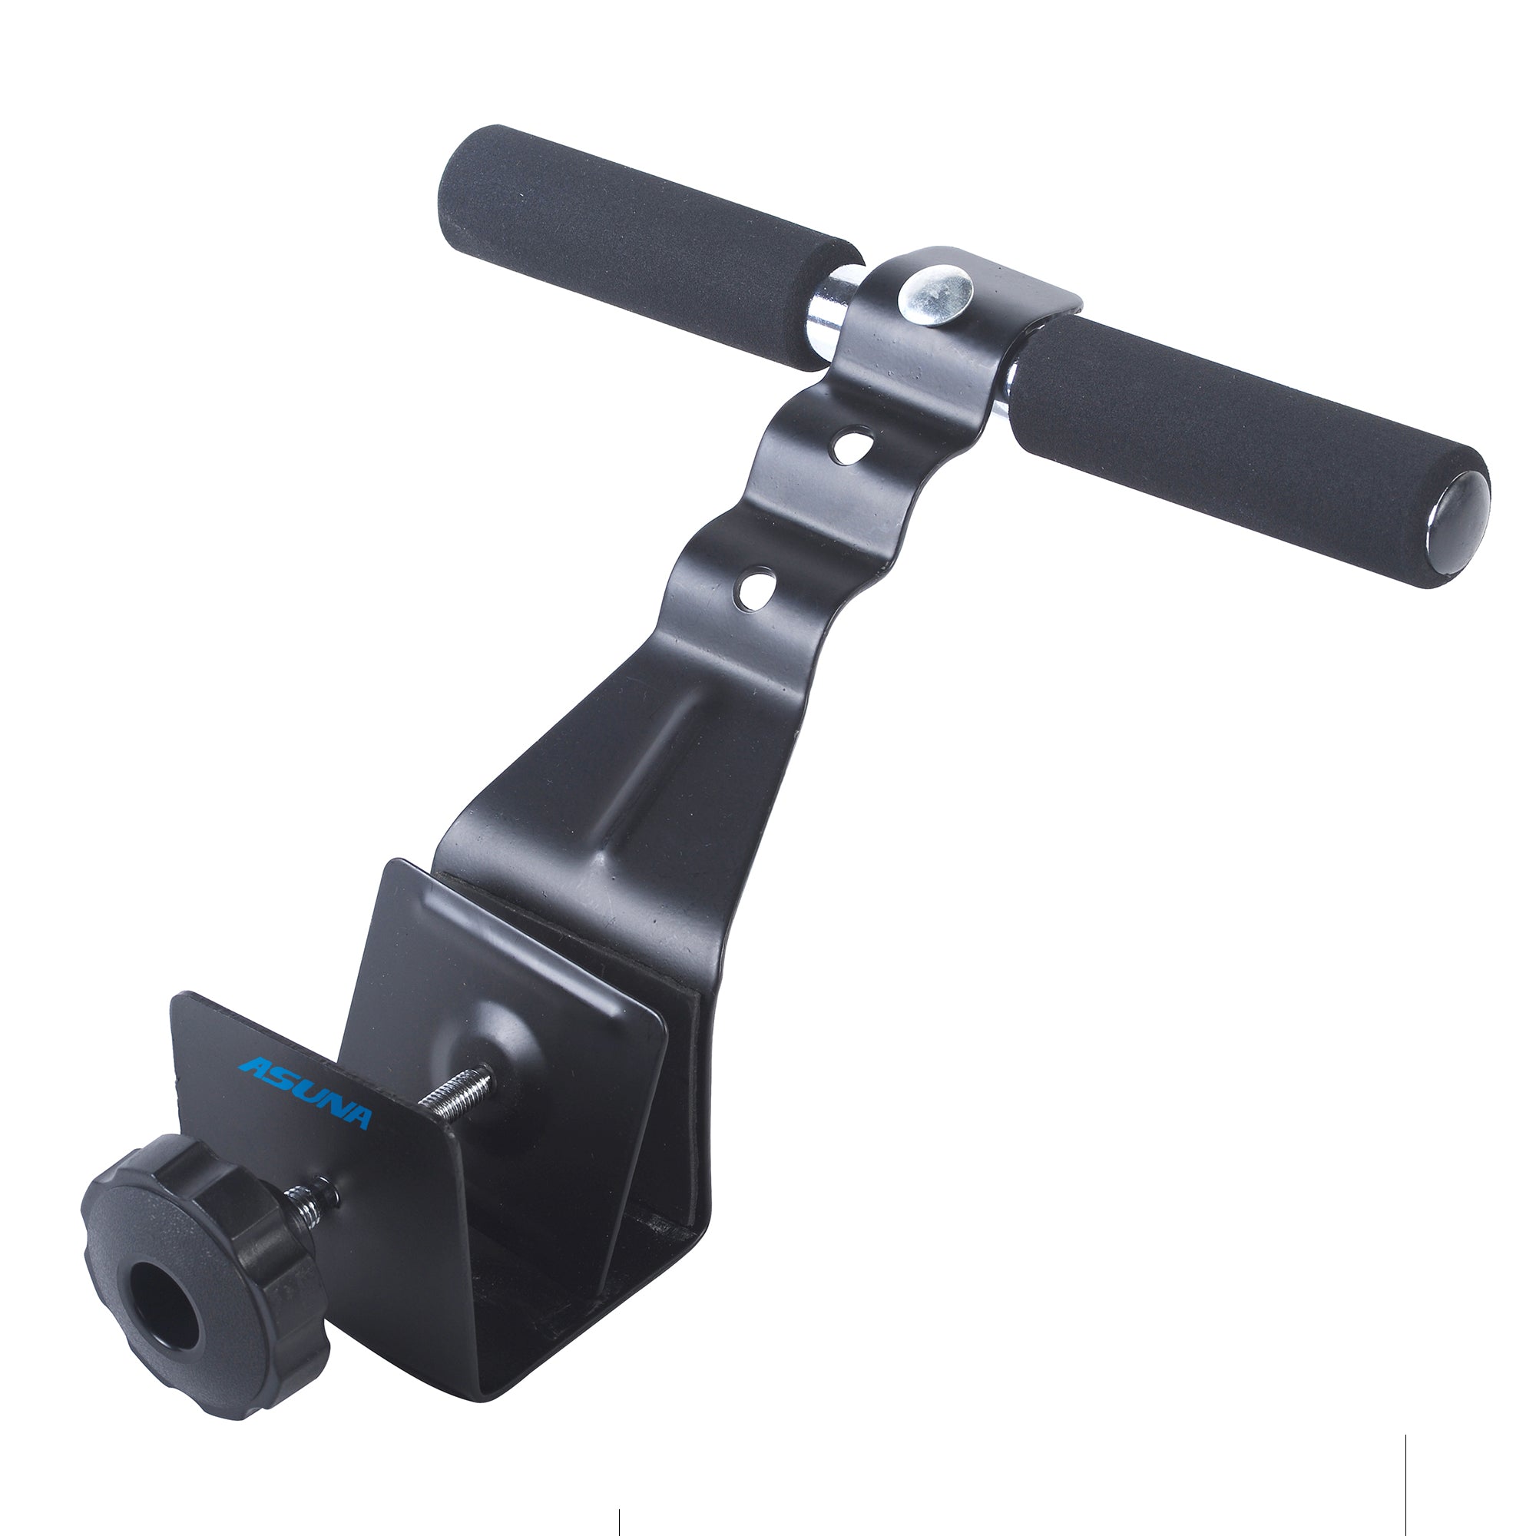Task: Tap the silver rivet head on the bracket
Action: click(x=935, y=292)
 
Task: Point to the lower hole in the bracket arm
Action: click(x=756, y=588)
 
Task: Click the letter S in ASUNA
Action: click(x=278, y=1082)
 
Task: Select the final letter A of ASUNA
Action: click(x=355, y=1117)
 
